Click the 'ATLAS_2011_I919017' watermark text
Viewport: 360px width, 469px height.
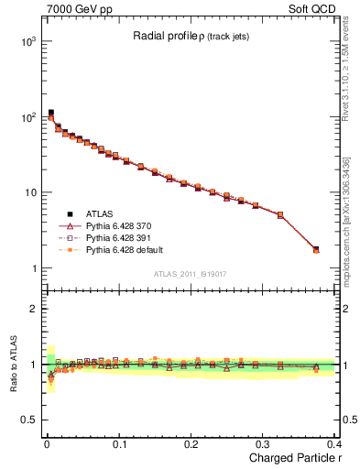point(188,273)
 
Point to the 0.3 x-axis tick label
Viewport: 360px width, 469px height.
point(262,443)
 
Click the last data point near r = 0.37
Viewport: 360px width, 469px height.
point(316,249)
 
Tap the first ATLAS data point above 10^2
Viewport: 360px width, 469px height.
point(50,113)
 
